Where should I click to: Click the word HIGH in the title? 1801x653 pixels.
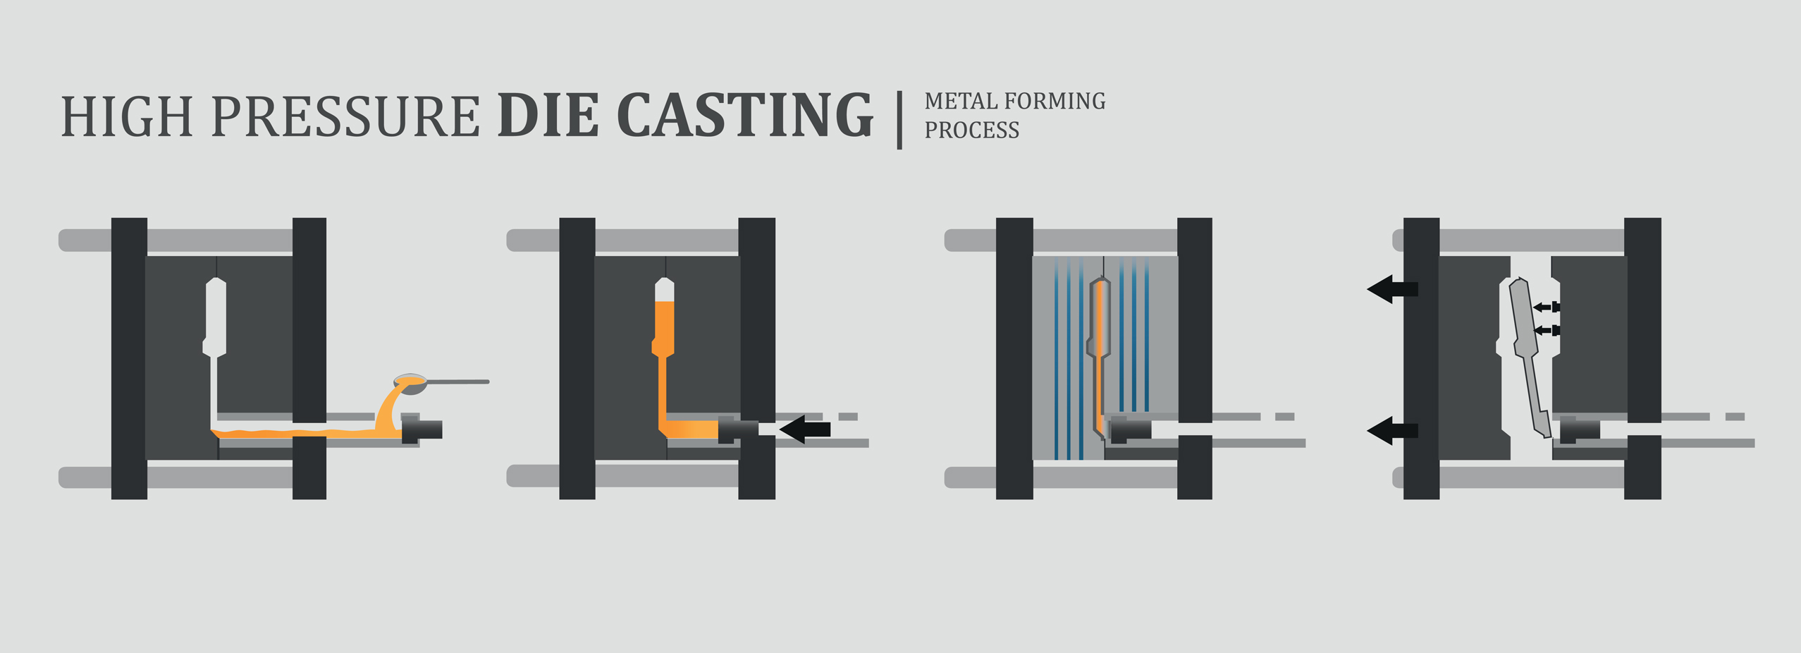pos(127,116)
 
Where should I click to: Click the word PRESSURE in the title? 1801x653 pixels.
pos(345,116)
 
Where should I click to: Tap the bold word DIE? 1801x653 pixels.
pos(548,115)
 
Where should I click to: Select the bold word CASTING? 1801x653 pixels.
pos(744,115)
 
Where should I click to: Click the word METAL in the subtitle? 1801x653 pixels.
pos(959,102)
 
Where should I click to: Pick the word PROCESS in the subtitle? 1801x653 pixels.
pos(971,130)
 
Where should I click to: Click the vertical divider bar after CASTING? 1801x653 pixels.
pos(899,119)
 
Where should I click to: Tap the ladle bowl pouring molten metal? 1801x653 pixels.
pos(411,383)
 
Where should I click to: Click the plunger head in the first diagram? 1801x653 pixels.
pos(422,429)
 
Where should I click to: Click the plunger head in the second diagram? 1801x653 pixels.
pos(737,429)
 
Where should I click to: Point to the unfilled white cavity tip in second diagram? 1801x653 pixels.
pos(664,290)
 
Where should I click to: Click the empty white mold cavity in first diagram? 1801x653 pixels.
pos(216,317)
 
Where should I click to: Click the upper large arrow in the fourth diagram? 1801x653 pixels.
pos(1392,289)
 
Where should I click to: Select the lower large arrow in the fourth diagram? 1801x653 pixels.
pos(1392,430)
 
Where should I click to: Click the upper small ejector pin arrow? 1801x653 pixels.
pos(1545,307)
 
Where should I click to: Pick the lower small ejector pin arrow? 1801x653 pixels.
pos(1545,330)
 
